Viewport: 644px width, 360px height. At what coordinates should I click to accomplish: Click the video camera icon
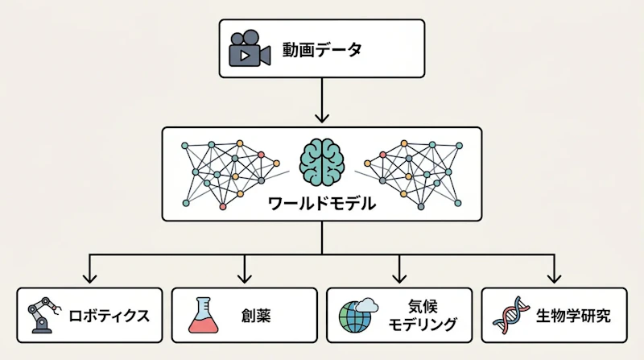(x=250, y=48)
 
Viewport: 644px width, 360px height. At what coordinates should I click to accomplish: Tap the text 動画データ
(x=322, y=50)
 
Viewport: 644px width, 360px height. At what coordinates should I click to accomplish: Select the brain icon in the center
(x=321, y=161)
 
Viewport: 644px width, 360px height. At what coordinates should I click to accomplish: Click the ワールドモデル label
(x=321, y=203)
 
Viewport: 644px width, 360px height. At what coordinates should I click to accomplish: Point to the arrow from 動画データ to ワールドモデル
(x=321, y=101)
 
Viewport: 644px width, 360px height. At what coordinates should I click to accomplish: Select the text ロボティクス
(x=109, y=316)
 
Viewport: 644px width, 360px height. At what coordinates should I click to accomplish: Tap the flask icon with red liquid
(x=204, y=315)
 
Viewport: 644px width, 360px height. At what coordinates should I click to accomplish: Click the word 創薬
(x=255, y=316)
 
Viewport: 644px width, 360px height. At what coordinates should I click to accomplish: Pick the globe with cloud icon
(x=357, y=315)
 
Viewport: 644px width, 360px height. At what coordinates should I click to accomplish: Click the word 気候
(x=423, y=306)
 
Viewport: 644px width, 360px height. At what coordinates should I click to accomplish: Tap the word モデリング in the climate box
(x=423, y=325)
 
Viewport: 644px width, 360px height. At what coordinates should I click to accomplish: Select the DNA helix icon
(x=512, y=315)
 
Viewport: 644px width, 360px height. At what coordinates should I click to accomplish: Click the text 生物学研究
(x=573, y=316)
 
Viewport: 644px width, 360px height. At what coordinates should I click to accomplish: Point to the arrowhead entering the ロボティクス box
(x=89, y=279)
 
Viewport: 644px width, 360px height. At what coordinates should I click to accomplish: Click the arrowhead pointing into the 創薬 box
(x=245, y=279)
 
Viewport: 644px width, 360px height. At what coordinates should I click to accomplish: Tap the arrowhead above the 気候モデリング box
(x=399, y=279)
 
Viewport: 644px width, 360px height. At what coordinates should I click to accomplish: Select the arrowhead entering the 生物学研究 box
(x=554, y=279)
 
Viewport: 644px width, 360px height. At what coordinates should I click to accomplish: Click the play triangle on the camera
(x=245, y=55)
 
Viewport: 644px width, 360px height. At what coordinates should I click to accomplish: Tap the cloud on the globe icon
(x=367, y=305)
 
